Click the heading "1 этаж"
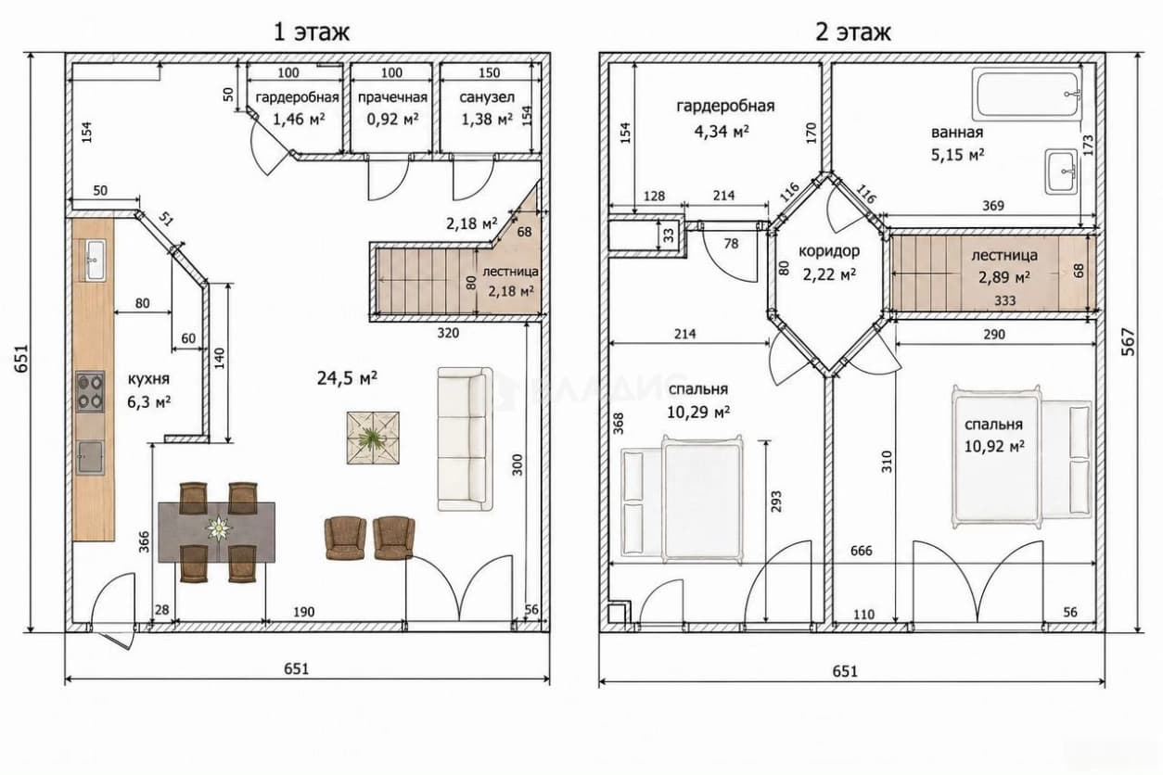tap(311, 32)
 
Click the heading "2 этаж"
tap(853, 32)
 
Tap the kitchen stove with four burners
tap(90, 392)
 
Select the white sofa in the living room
tap(465, 438)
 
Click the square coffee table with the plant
tap(374, 438)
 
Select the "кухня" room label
tap(148, 379)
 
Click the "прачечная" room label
tap(392, 97)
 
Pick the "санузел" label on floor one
tap(487, 97)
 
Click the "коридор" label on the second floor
tap(829, 251)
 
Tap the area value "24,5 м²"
tap(347, 378)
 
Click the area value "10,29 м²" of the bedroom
tap(698, 413)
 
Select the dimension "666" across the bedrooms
tap(862, 551)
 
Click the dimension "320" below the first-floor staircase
tap(448, 333)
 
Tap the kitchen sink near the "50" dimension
tap(96, 260)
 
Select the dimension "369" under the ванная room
tap(992, 206)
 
